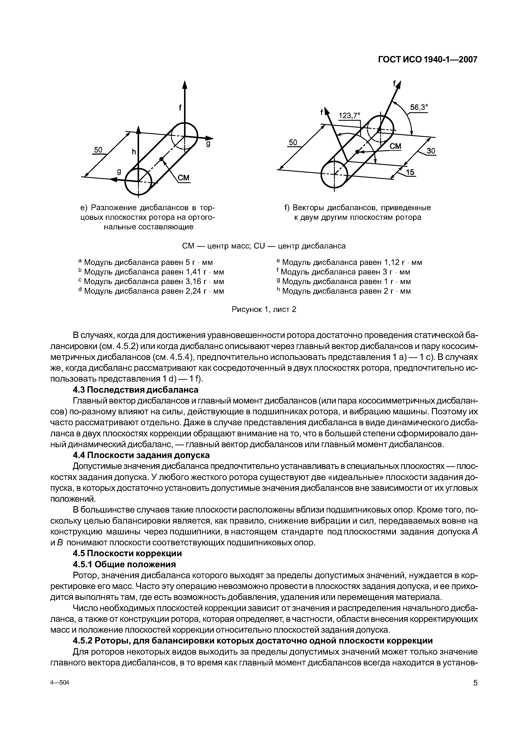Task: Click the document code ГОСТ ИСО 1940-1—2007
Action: (x=427, y=60)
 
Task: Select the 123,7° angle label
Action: (x=350, y=115)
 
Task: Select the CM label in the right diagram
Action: (x=395, y=147)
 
